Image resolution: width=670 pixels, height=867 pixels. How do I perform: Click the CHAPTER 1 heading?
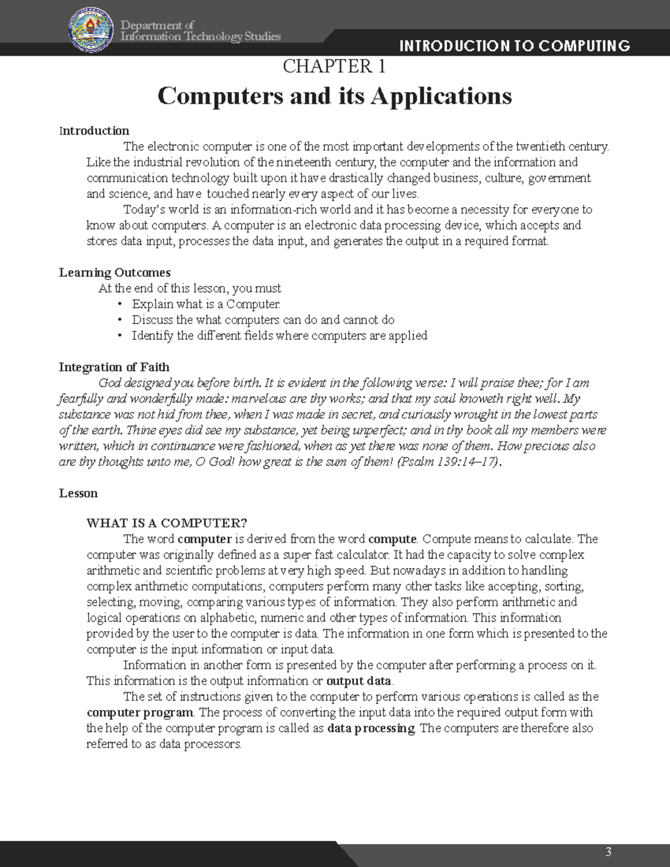coord(334,66)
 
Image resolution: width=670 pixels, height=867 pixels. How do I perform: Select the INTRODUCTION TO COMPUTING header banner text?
coord(515,46)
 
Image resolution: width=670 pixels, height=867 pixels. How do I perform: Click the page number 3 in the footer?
coord(608,851)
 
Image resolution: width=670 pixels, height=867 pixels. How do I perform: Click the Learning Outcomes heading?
coord(114,272)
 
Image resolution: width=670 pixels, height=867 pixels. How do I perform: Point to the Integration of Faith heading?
coord(114,367)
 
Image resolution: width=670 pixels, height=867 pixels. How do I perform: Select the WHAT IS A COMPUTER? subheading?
coord(166,523)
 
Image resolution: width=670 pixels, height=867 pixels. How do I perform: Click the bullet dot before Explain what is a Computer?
coord(119,304)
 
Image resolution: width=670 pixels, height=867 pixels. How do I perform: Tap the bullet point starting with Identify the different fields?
coord(279,336)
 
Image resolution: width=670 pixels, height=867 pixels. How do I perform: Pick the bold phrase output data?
coord(359,681)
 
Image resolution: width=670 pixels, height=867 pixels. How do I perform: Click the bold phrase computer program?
coord(140,712)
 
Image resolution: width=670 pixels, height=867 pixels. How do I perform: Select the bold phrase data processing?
coord(371,728)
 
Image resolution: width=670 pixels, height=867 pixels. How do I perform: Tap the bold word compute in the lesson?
coord(392,539)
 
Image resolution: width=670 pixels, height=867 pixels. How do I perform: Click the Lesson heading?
coord(78,494)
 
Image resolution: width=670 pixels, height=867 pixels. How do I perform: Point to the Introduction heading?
coord(94,131)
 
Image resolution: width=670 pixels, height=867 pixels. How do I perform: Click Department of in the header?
coord(157,25)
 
